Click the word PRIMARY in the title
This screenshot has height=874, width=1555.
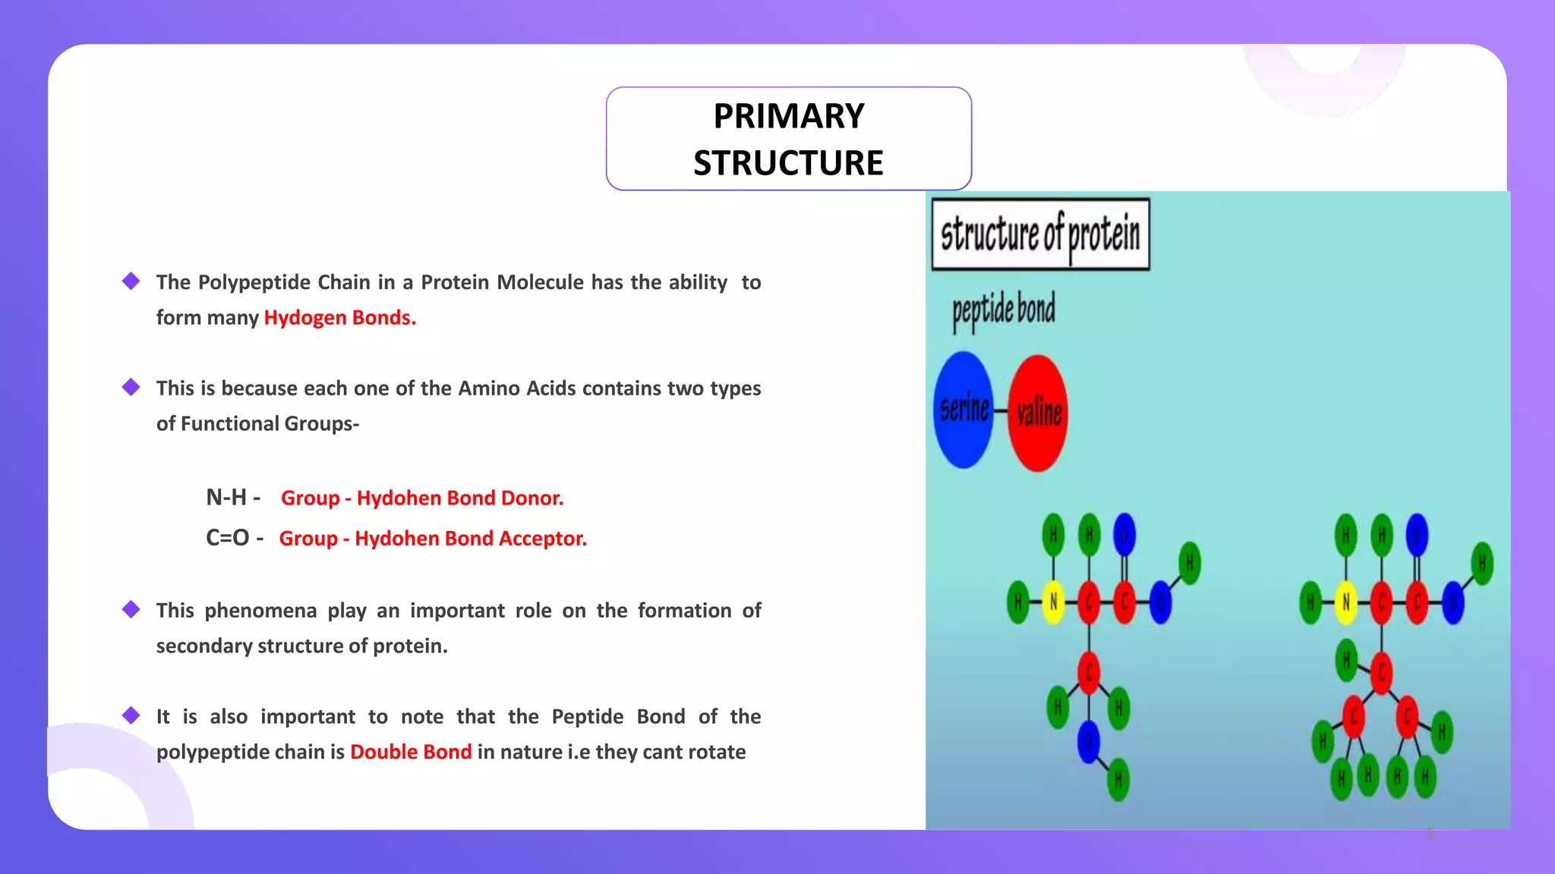(788, 116)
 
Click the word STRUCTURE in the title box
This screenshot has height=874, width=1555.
(788, 163)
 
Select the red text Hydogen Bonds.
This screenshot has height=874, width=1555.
(339, 317)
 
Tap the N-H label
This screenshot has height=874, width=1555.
(226, 497)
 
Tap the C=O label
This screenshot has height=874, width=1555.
(227, 537)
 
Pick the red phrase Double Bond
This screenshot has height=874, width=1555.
(411, 752)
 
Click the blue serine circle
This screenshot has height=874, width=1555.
(964, 410)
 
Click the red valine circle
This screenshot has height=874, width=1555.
(1038, 413)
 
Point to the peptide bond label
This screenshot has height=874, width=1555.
(1003, 310)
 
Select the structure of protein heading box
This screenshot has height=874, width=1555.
(1040, 234)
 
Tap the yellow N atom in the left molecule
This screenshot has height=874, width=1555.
(1053, 602)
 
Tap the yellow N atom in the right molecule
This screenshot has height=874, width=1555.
(1345, 602)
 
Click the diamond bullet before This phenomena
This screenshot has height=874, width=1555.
(131, 609)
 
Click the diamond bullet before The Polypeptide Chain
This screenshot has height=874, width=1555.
(131, 281)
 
